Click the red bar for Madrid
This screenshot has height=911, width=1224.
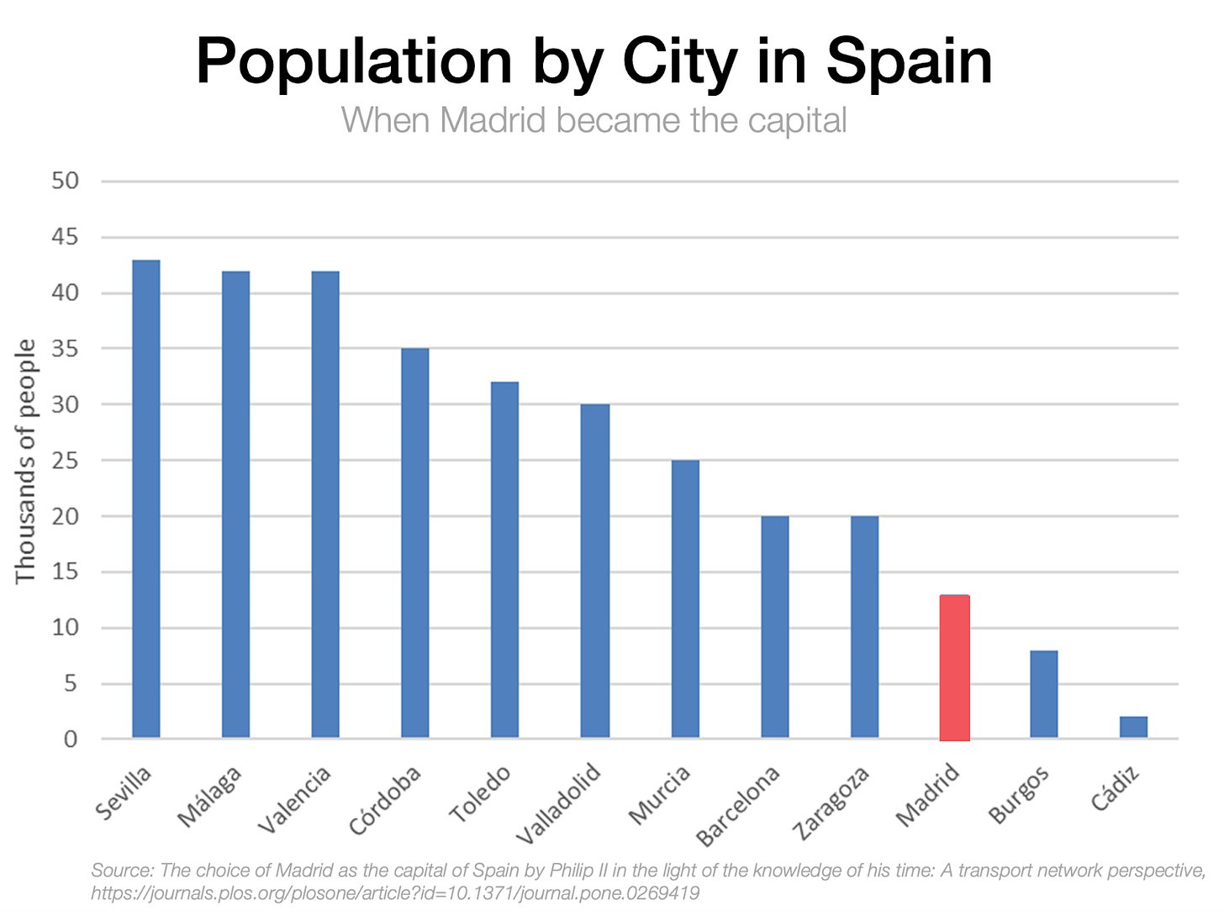click(954, 668)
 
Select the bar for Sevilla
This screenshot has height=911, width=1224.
click(146, 499)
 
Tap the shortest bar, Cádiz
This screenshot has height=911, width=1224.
click(1133, 728)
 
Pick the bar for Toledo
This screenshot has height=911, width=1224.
click(504, 560)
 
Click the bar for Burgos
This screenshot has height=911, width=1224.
click(1044, 695)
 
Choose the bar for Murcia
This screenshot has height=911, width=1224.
click(685, 599)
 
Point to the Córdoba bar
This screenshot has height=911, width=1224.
click(415, 544)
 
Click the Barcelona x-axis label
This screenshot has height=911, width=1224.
click(738, 806)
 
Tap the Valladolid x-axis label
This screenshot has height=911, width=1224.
click(558, 803)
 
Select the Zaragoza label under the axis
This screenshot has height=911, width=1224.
click(831, 803)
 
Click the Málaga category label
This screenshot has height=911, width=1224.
click(210, 797)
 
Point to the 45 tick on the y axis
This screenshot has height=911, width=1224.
click(65, 237)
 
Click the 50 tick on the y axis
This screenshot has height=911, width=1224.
click(65, 181)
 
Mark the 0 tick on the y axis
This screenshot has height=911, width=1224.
click(71, 740)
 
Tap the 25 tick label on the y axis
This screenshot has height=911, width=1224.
click(65, 461)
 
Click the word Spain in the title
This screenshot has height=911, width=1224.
click(909, 61)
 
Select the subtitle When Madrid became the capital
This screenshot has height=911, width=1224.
click(594, 120)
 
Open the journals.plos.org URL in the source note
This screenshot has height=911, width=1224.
click(395, 893)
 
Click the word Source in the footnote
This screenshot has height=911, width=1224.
click(121, 870)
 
